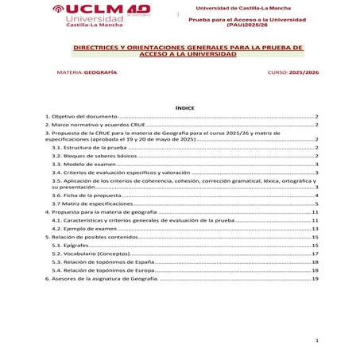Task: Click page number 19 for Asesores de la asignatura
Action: tap(315, 280)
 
